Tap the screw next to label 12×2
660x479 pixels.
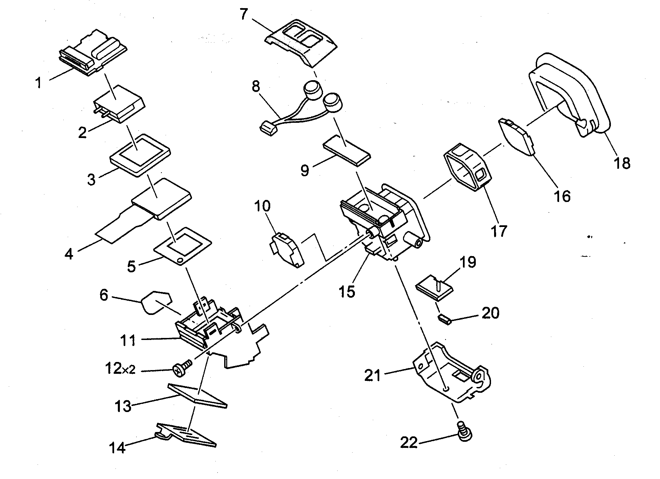pos(180,369)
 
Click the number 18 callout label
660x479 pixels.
pos(622,163)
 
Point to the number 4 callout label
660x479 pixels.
pos(69,254)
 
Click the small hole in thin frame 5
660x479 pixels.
pos(180,260)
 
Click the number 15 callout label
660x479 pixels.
pos(347,291)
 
